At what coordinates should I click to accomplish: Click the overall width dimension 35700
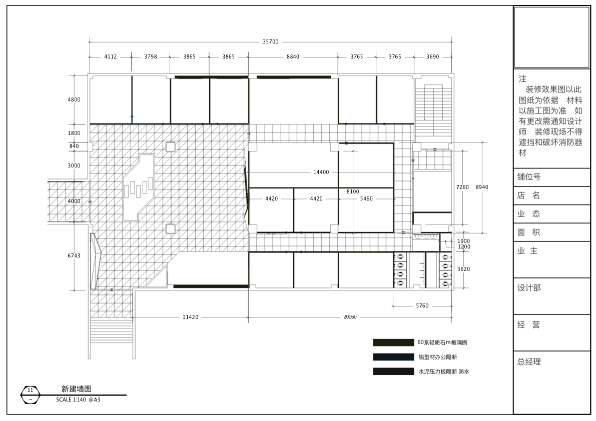tap(271, 42)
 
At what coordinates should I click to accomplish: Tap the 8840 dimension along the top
tap(293, 56)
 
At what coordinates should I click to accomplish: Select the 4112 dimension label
tap(111, 56)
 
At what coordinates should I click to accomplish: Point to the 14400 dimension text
tap(321, 172)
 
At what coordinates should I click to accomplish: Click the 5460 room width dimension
tap(366, 198)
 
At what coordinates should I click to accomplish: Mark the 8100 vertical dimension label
tap(353, 191)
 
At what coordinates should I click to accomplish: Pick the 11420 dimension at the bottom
tap(190, 317)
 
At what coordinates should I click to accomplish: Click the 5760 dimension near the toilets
tap(422, 305)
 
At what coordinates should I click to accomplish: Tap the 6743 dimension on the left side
tap(74, 255)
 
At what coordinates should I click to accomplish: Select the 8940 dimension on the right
tap(482, 187)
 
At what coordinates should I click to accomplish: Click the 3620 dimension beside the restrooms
tap(463, 269)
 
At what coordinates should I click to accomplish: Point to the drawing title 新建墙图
tap(77, 388)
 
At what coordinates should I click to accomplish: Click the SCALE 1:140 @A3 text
tap(78, 399)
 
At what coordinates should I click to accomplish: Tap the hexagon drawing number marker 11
tap(31, 395)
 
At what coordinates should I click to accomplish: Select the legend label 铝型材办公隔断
tap(438, 357)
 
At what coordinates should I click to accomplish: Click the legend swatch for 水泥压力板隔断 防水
tap(393, 371)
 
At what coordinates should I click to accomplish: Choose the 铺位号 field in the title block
tap(529, 177)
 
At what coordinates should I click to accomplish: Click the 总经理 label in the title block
tap(529, 362)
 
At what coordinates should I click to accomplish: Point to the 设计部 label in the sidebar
tap(529, 288)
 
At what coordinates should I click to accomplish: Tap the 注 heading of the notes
tap(522, 79)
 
